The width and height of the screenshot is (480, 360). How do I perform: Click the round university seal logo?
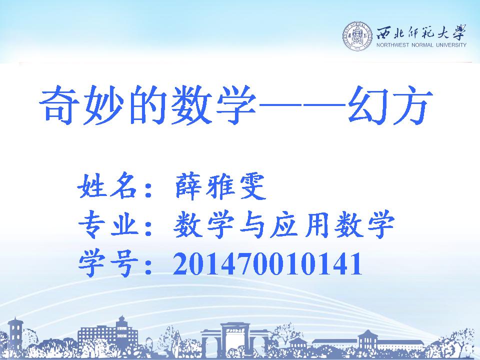357,36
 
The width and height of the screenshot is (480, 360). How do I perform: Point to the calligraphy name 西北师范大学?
421,32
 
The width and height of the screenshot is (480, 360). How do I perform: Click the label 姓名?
106,186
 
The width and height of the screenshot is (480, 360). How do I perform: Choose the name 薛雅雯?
219,186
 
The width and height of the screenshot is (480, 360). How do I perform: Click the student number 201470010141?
268,263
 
